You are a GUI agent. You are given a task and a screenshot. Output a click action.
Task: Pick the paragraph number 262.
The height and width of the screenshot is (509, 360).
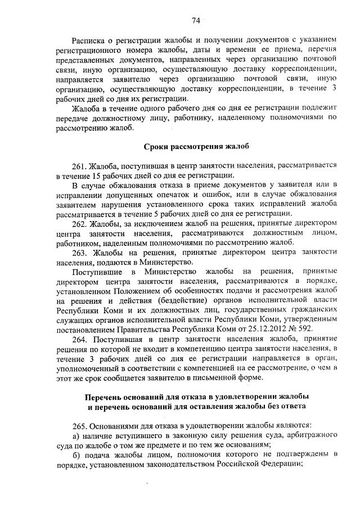click(x=79, y=224)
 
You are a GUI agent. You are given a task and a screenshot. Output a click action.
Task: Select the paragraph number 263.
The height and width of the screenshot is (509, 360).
click(x=79, y=253)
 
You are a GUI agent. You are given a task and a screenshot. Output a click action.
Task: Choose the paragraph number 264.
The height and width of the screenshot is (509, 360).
click(x=79, y=340)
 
